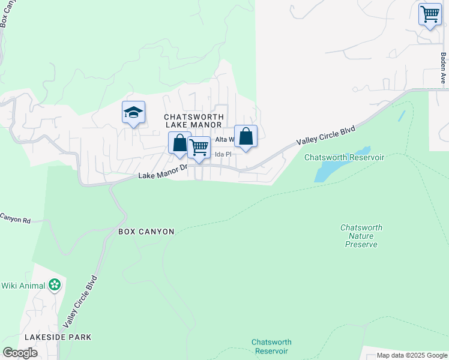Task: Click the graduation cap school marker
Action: tap(133, 112)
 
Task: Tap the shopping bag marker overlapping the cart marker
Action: tap(179, 143)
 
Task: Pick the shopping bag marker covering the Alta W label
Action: tap(246, 137)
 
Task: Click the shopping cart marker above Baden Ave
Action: tap(430, 14)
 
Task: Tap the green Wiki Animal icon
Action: tap(55, 285)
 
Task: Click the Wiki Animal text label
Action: tap(23, 285)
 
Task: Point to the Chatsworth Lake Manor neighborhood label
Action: tap(194, 121)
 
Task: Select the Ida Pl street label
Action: tap(223, 154)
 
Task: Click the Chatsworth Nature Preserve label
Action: tap(361, 236)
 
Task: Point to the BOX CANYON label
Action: tap(146, 231)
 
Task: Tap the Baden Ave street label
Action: tap(444, 68)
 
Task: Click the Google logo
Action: tap(20, 353)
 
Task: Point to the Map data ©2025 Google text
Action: tap(412, 355)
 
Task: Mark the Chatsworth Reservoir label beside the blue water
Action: tap(344, 157)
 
